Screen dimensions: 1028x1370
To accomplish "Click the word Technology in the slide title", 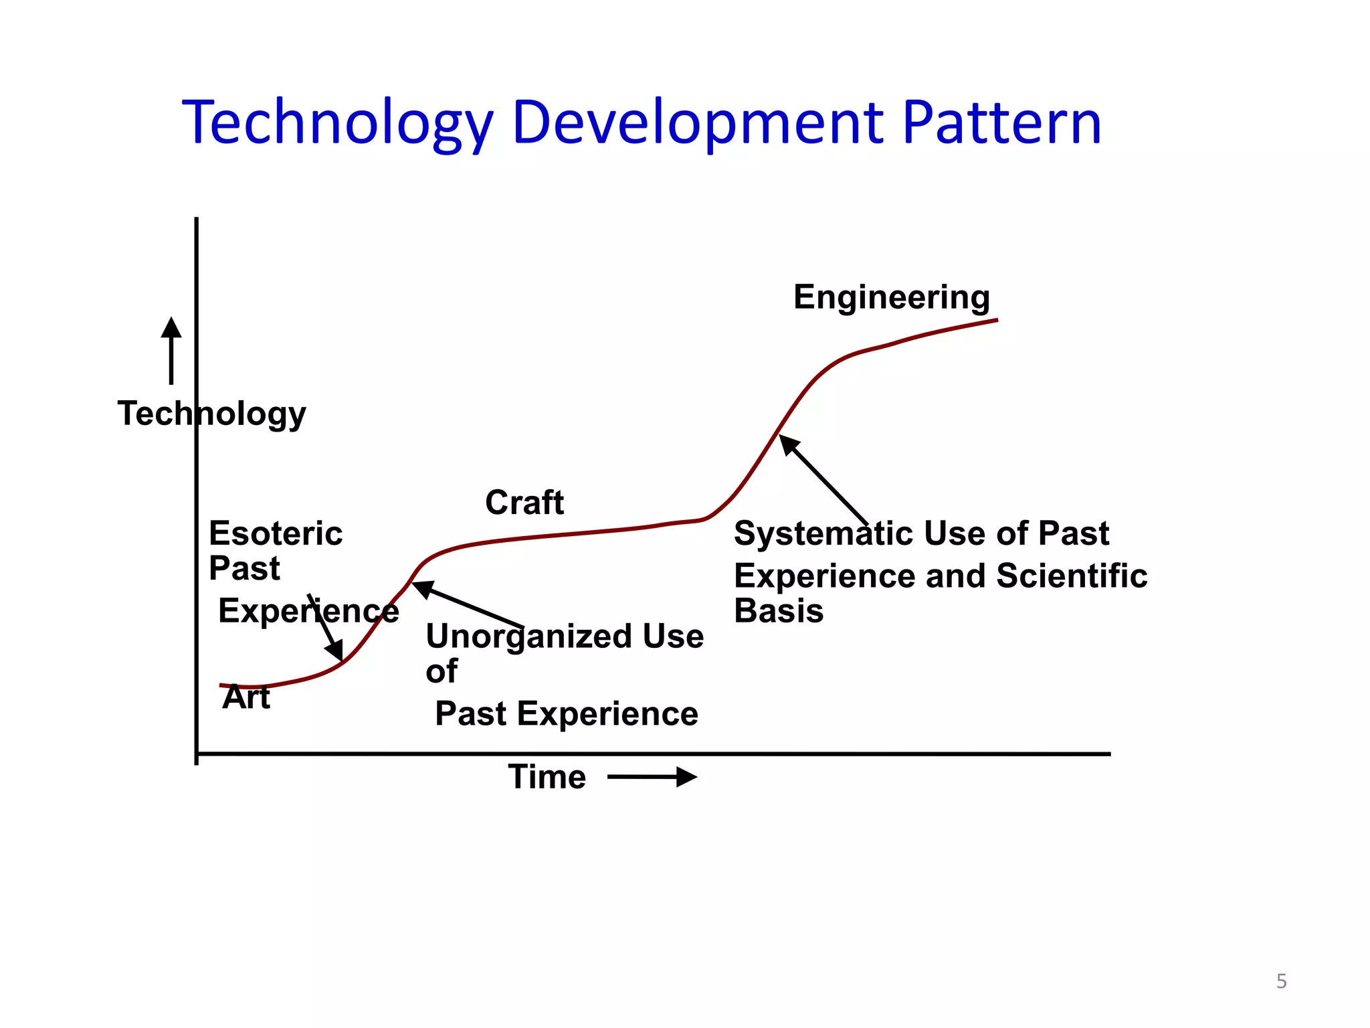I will (x=338, y=124).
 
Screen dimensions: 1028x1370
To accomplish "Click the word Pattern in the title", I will (x=1001, y=124).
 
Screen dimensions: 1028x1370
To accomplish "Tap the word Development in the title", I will (x=698, y=124).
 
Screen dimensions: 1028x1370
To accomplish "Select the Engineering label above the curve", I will (x=891, y=297).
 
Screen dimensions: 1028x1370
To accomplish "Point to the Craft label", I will (x=524, y=503).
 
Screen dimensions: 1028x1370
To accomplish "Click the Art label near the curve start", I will (x=246, y=697).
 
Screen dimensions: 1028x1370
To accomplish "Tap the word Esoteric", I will (x=276, y=533).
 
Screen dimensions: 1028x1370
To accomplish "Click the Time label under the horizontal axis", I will (x=547, y=777).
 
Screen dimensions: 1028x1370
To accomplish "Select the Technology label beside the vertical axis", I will (x=211, y=414).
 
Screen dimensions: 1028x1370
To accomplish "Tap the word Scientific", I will (x=1072, y=576).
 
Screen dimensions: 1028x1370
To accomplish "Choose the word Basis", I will (x=779, y=611).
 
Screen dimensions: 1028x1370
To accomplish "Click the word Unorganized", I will (x=528, y=636).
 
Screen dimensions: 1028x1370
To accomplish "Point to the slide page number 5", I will (x=1281, y=981).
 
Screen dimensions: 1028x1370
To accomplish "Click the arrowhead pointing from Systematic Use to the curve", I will (x=789, y=444).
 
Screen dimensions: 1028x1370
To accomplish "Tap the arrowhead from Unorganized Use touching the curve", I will (x=421, y=588).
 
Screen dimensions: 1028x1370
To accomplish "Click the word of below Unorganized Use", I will (x=442, y=671).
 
